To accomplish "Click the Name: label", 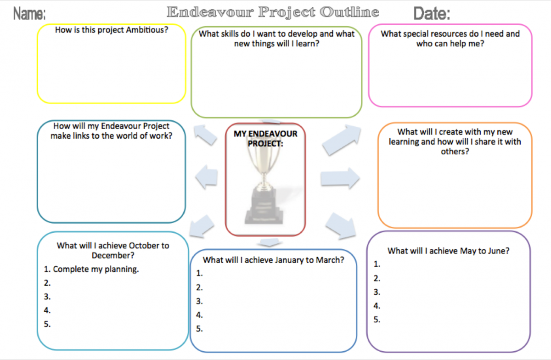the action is coord(29,13).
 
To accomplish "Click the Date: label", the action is coord(432,13).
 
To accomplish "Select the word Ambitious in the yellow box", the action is coord(147,30).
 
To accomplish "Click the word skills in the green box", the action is coord(226,34).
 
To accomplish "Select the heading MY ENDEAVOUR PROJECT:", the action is coord(265,139).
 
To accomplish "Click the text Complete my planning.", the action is coord(96,269).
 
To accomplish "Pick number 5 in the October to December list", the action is coord(47,324).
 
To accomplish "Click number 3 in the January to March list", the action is coord(199,301).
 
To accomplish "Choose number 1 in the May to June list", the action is coord(377,264).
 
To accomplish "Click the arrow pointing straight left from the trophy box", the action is coord(207,177).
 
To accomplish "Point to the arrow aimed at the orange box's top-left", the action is coord(342,140).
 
